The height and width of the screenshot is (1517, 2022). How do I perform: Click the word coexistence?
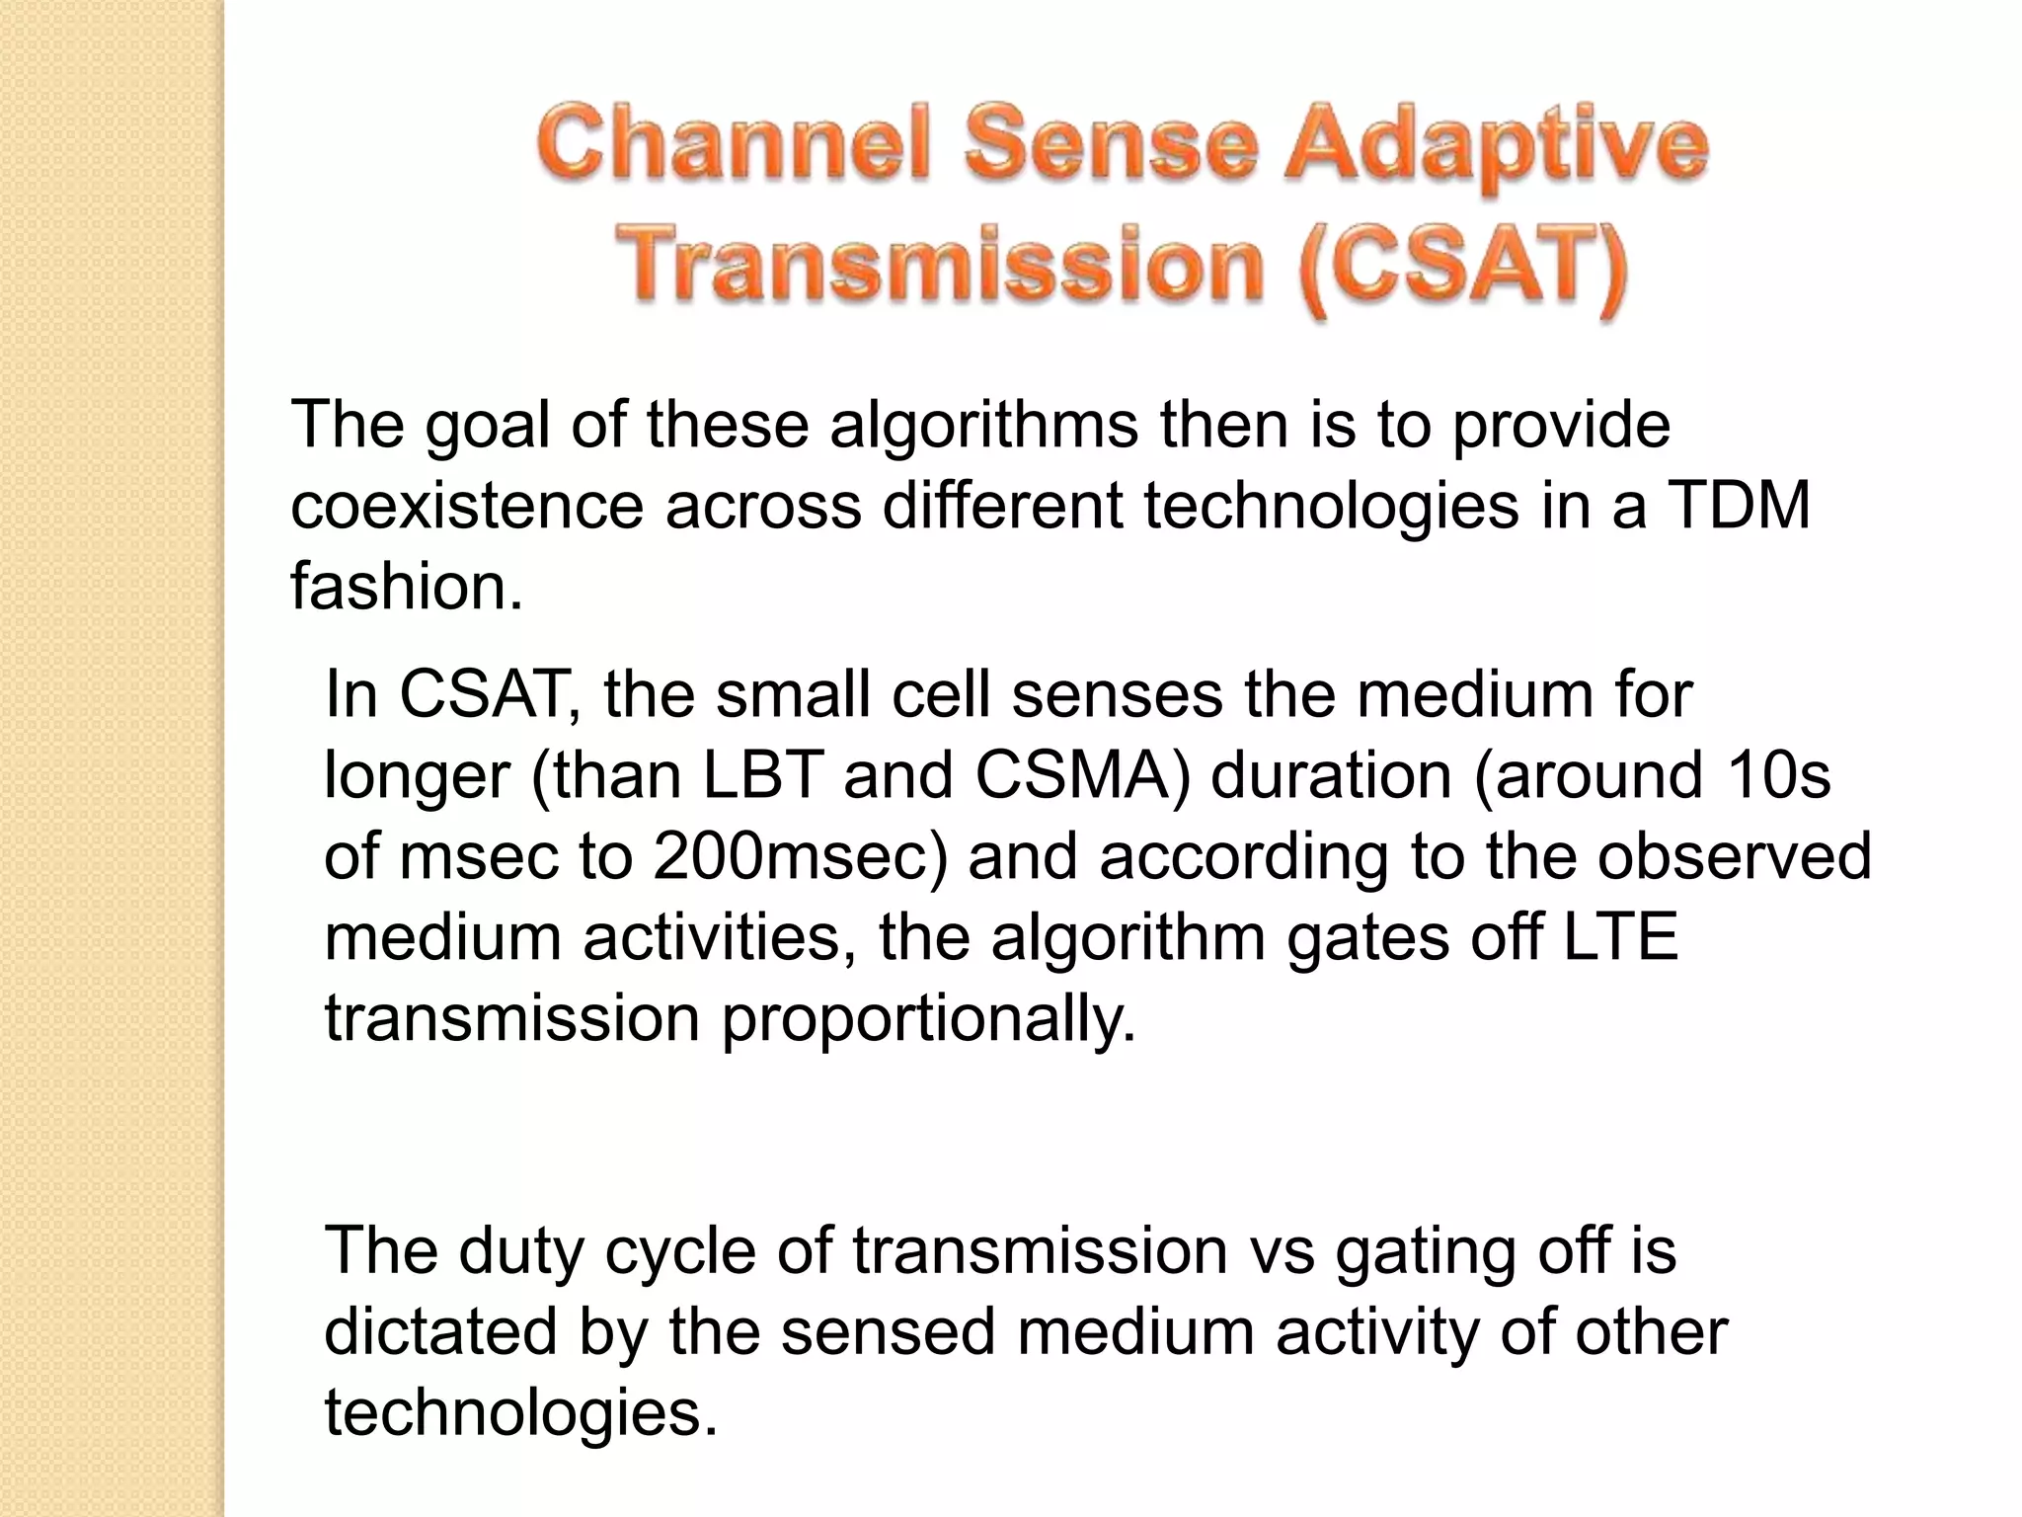[467, 506]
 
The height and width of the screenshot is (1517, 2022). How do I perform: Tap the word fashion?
[406, 587]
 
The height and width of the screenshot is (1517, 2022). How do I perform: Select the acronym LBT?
[762, 775]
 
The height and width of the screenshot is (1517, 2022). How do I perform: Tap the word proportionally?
[928, 1018]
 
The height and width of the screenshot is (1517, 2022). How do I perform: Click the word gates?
[1367, 937]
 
